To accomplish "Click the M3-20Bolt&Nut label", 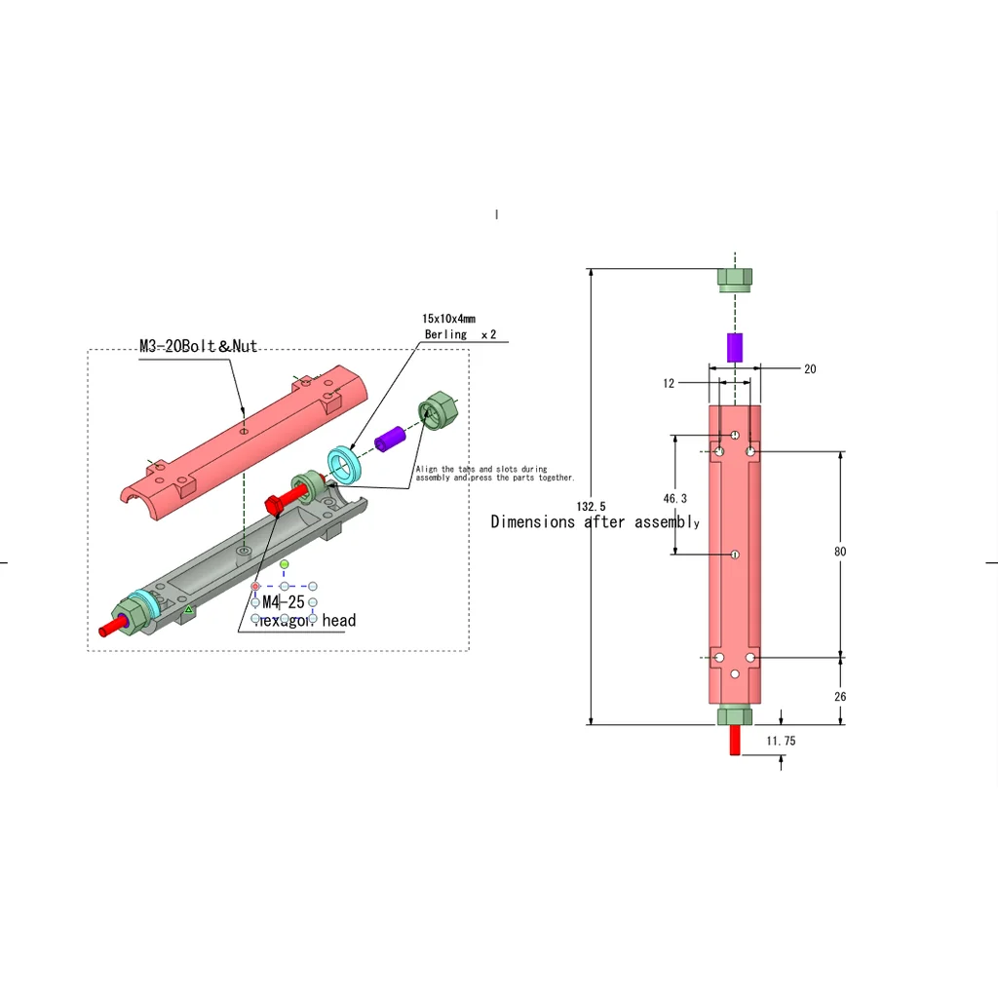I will [198, 346].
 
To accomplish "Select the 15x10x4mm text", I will [448, 319].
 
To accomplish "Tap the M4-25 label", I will [284, 602].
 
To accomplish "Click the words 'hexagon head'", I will [305, 621].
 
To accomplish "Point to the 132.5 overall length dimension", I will [591, 507].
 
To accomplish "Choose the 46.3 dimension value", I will [674, 499].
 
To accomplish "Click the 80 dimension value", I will [840, 552].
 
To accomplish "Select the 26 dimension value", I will [840, 697].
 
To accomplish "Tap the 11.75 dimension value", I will [781, 742].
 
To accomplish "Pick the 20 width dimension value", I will [810, 369].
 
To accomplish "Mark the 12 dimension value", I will [669, 384].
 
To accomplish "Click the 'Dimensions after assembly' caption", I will [595, 522].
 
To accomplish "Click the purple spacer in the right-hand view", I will [735, 348].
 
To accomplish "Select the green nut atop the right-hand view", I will [735, 277].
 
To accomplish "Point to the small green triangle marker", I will [189, 610].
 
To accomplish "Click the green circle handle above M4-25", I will [284, 564].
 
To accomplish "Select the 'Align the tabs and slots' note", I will [494, 474].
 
